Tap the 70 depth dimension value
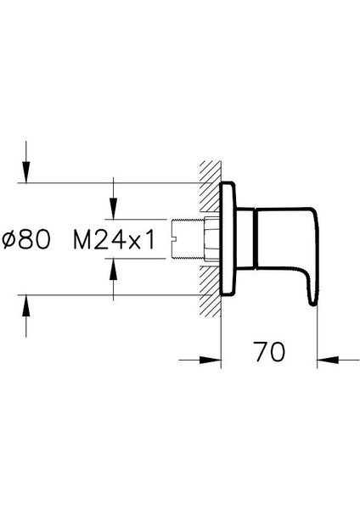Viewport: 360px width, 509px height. [x=268, y=349]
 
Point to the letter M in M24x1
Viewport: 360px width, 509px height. [x=82, y=241]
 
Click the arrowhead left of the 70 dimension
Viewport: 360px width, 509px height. [x=213, y=361]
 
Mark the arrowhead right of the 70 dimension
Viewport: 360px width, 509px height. [x=323, y=361]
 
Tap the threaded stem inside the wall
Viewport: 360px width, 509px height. [x=188, y=239]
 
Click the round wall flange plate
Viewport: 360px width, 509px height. [x=227, y=239]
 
